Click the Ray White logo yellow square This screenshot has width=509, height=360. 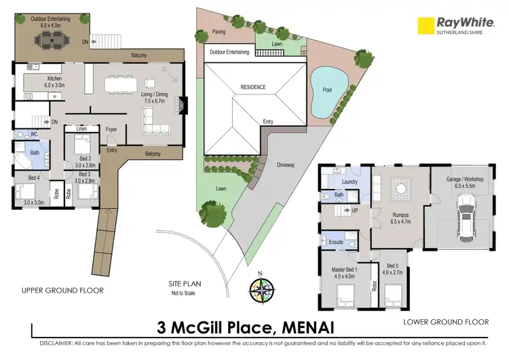(426, 25)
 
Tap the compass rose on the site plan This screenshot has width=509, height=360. (261, 289)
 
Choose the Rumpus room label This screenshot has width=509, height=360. (400, 215)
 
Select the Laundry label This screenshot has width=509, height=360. (350, 182)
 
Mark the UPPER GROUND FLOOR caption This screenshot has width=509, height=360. (62, 290)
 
